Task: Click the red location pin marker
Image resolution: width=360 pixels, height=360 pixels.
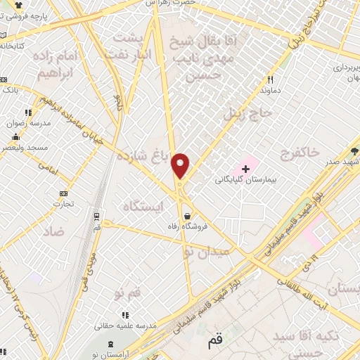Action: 181,166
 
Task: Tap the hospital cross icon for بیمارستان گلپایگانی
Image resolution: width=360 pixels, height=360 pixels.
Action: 245,168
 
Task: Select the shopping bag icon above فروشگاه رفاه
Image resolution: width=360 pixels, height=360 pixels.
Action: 188,217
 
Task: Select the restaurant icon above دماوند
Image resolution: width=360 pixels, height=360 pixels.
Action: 269,80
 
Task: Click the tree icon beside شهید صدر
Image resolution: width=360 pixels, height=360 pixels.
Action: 355,150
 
